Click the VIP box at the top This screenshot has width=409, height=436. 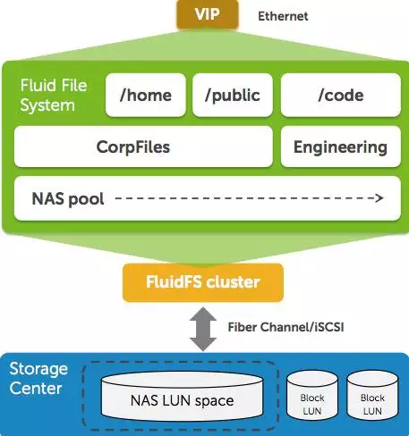coord(208,14)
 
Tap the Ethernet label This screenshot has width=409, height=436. coord(283,16)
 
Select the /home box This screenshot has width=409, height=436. coord(146,95)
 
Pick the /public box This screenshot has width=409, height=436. coord(233,95)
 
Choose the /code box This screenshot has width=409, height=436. coord(341,95)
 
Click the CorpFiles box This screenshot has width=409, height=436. coord(143,147)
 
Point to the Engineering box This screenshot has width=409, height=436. coord(341,147)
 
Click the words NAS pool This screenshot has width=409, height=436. coord(68,198)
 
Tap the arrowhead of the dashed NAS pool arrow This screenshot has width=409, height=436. coord(380,197)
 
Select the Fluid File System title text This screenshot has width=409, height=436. coord(54,96)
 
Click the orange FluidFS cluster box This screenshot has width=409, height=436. coord(203,282)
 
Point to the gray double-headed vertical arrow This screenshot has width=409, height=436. coord(203,329)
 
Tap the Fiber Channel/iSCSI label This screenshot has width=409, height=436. coord(285,327)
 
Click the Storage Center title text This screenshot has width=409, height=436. coord(38,379)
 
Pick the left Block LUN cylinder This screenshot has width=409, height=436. coord(312,395)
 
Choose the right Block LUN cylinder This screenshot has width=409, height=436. coord(372,395)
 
